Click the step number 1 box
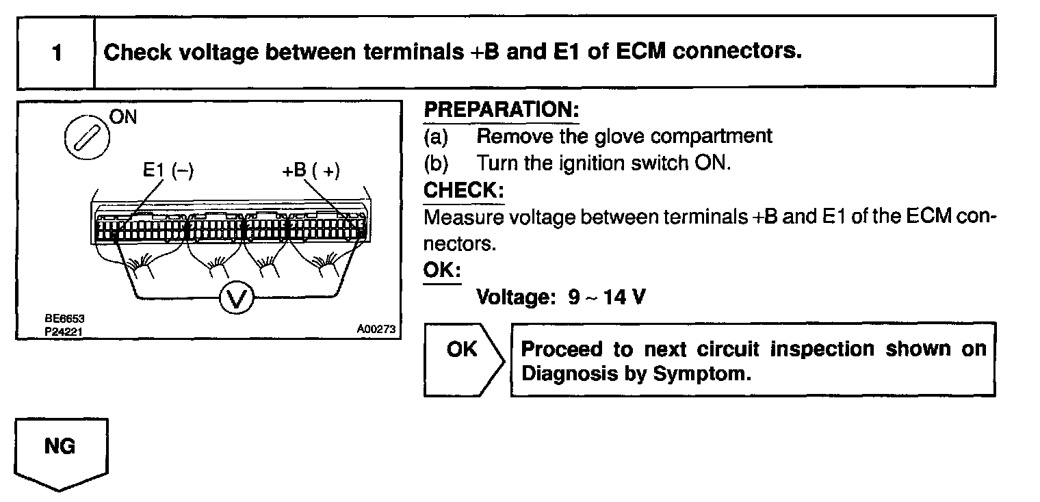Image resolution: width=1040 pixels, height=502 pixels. [x=56, y=53]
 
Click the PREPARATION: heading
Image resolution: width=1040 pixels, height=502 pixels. [x=502, y=110]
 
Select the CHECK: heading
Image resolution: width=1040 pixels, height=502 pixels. [x=464, y=189]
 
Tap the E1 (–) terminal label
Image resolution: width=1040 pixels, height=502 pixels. [x=168, y=170]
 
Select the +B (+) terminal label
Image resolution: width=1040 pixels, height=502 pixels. [x=311, y=170]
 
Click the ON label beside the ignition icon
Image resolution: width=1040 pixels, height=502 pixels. [x=123, y=117]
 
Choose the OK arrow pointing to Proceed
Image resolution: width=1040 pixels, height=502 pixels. [x=463, y=350]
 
